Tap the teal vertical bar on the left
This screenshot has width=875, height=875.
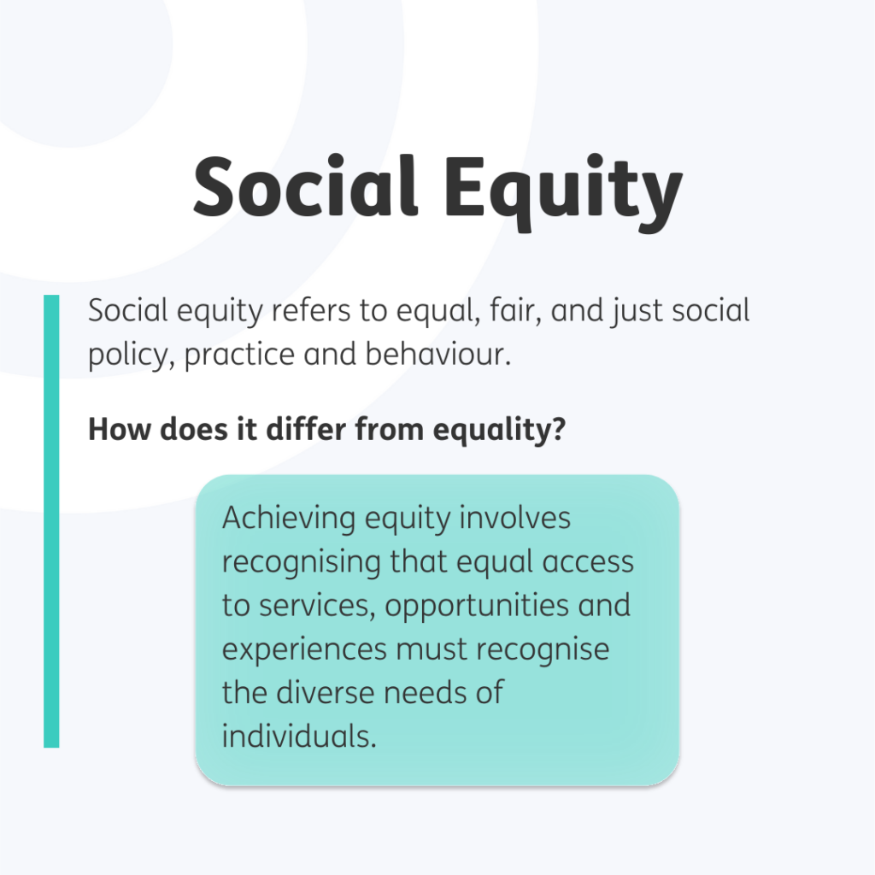click(51, 521)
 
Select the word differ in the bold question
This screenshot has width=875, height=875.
click(303, 429)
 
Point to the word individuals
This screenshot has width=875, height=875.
click(299, 736)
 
